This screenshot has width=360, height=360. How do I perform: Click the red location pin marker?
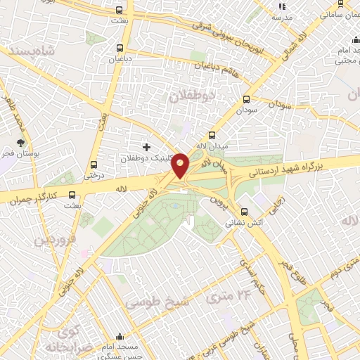click(181, 165)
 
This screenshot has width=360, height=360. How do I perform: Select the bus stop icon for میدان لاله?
click(212, 136)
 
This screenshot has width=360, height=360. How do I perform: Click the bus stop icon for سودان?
click(246, 100)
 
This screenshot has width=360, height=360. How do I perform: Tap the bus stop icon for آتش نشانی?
click(244, 211)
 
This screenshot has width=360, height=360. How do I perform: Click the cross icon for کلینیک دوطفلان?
click(146, 147)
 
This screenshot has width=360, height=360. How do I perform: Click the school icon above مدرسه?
click(282, 6)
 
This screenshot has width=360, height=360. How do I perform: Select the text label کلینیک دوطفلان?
click(139, 159)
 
